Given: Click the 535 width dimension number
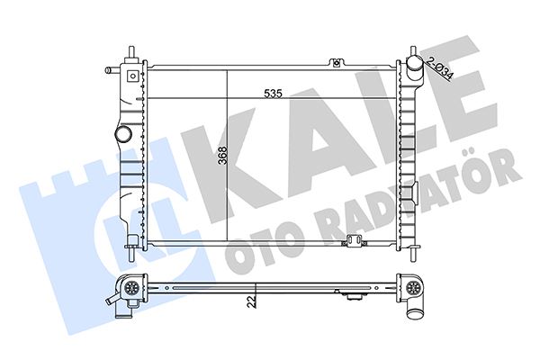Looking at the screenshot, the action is coord(273,94).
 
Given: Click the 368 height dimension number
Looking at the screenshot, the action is coord(223,156).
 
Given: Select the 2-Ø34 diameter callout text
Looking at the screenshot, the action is coord(440,67).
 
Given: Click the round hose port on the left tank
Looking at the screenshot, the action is coord(123,133).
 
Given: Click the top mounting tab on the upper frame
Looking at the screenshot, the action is coord(337,63).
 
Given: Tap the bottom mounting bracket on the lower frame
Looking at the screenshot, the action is coord(354,241).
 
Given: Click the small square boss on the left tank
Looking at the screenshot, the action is coord(132,76).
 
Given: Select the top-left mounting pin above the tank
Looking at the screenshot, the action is coord(131,53).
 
